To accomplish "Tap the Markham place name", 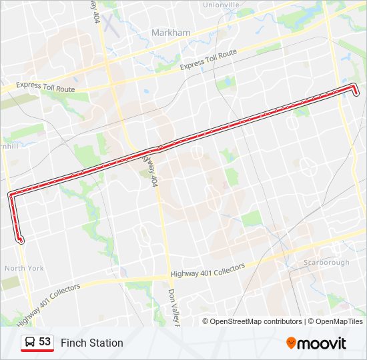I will click(171, 33).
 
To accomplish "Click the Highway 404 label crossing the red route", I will click(151, 168).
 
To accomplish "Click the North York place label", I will click(25, 268).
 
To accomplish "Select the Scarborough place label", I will click(326, 263).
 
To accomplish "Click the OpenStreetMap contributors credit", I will click(256, 321).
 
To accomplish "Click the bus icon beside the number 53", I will click(30, 342).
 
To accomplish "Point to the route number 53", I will click(45, 342).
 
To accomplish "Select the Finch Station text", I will click(92, 343).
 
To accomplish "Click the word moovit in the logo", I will click(322, 343).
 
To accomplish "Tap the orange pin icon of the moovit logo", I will click(292, 343).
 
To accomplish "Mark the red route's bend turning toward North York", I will click(11, 194).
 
